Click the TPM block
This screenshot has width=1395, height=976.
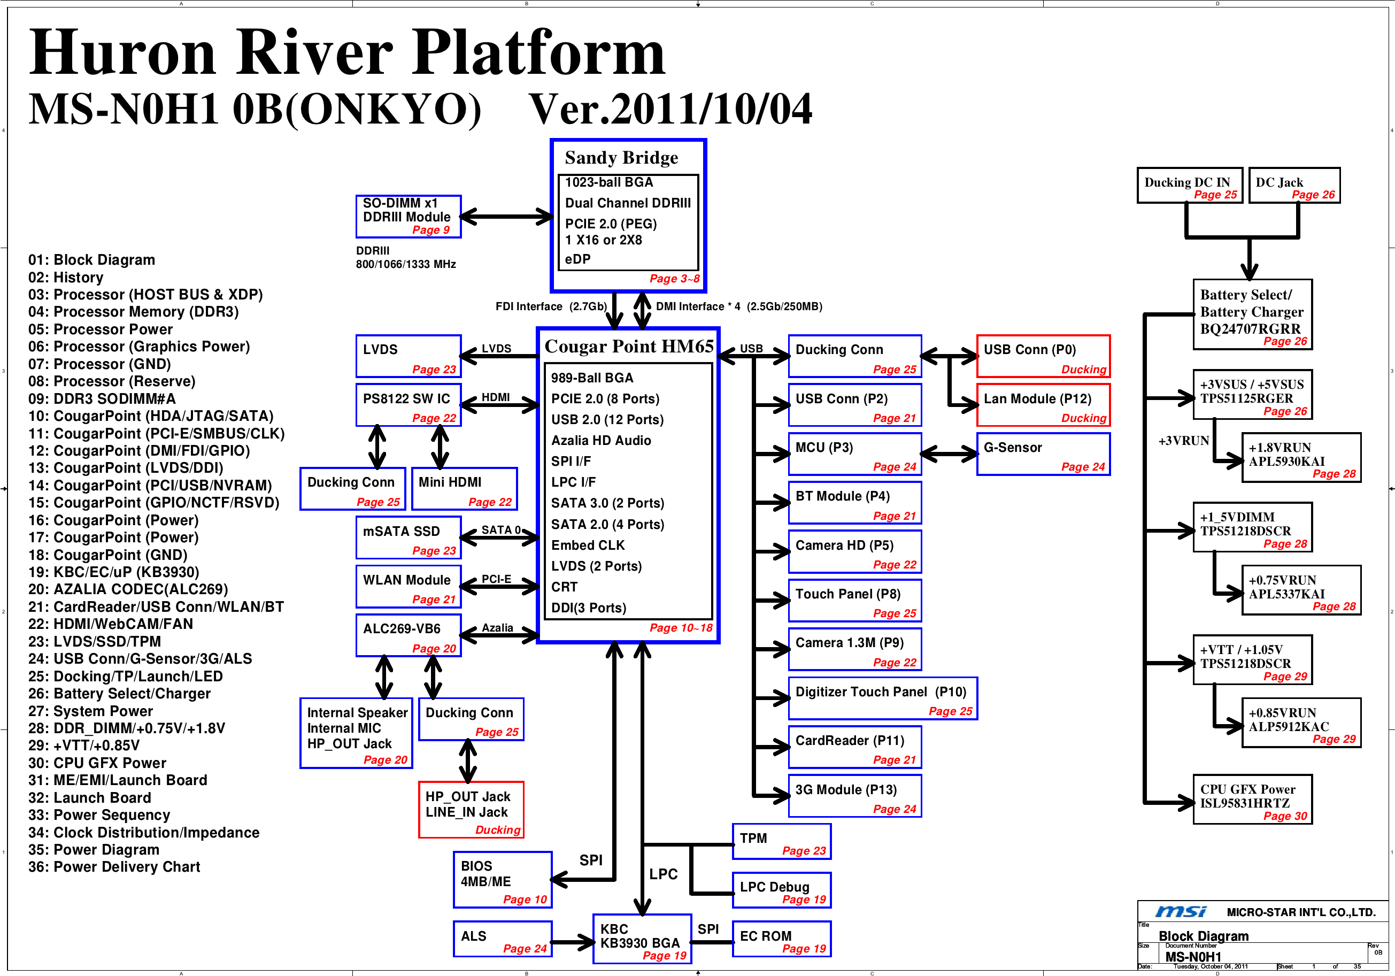coord(781,842)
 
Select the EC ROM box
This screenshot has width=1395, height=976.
coord(781,939)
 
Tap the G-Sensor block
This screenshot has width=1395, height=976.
coord(1043,454)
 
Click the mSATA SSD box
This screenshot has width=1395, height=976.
coord(409,537)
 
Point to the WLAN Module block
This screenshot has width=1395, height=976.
coord(409,587)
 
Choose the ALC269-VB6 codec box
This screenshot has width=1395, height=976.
coord(409,635)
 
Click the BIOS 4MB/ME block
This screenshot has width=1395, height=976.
coord(503,879)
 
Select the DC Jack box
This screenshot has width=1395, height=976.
coord(1294,186)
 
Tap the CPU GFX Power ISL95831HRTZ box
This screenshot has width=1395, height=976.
coord(1252,799)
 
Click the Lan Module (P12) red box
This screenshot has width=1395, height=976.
coord(1043,405)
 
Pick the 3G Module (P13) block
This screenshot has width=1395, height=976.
coord(854,796)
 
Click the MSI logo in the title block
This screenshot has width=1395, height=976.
coord(1180,912)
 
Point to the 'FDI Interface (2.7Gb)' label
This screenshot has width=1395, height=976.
coord(551,306)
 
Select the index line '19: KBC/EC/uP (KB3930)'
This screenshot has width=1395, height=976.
coord(113,572)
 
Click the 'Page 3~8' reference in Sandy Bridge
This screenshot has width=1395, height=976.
coord(674,279)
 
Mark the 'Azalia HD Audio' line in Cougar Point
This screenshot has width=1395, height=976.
coord(600,441)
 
